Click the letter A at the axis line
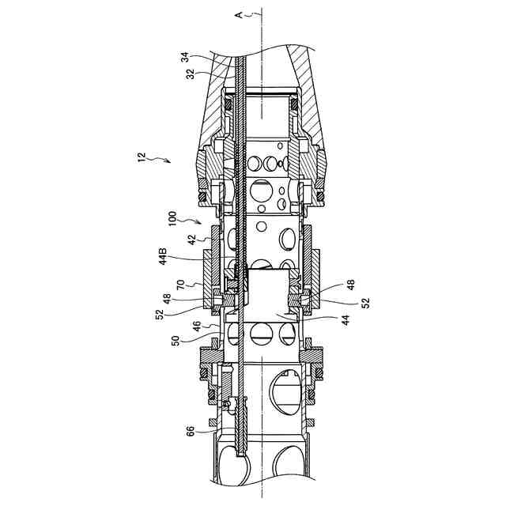click(x=238, y=15)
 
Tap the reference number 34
click(x=184, y=58)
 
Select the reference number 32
click(x=191, y=74)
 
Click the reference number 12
click(x=142, y=157)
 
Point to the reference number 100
click(x=172, y=219)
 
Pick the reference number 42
click(x=192, y=240)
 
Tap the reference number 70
click(x=181, y=285)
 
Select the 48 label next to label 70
click(x=168, y=299)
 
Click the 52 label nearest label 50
click(x=160, y=314)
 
